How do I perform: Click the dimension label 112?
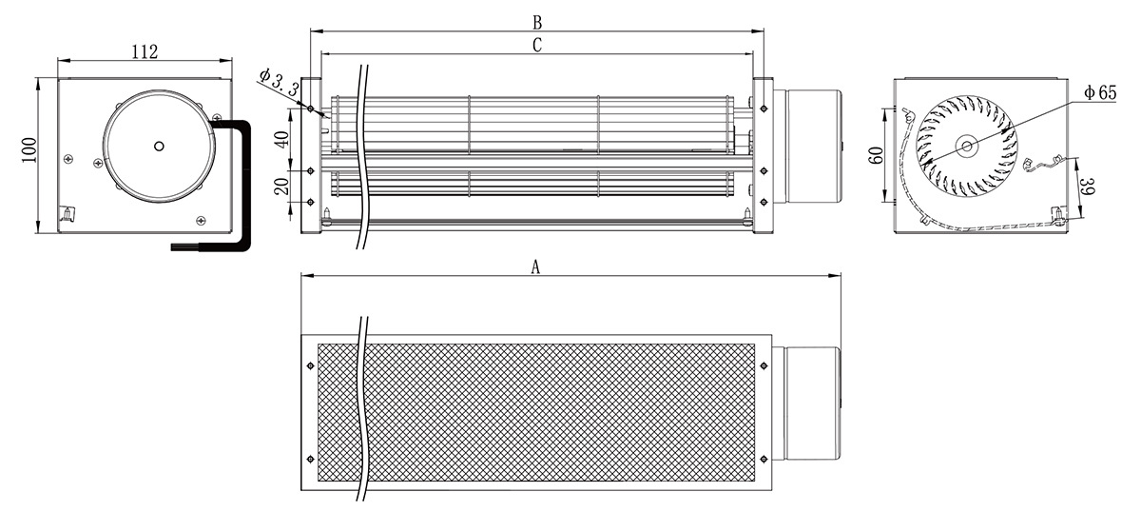145,51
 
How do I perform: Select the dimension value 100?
29,150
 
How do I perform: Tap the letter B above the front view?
537,23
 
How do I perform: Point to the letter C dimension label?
537,46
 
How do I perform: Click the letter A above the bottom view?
535,266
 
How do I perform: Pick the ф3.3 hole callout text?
279,84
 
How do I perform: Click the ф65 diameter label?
1100,92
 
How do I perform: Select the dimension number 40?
281,138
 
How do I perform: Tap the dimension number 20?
281,187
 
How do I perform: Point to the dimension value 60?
876,155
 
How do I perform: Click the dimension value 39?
1088,187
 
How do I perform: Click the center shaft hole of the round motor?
159,147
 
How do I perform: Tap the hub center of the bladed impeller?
967,147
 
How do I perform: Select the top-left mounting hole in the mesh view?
311,365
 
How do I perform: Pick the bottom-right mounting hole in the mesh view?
763,460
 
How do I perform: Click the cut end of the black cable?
174,247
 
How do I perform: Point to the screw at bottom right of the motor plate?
203,220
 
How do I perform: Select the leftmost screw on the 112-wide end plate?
68,159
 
